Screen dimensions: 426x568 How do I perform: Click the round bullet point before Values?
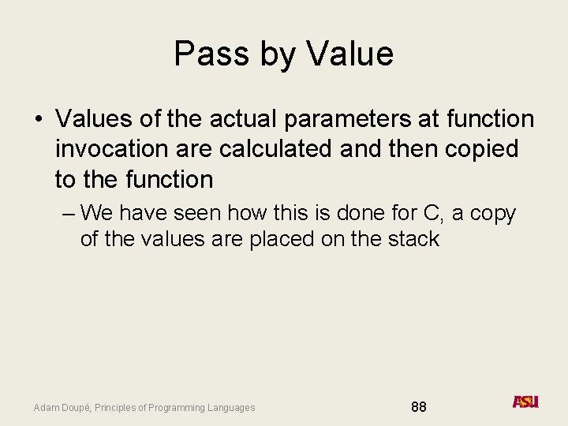(38, 120)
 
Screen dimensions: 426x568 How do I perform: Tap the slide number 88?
(419, 407)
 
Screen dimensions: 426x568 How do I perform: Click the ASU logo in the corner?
(525, 402)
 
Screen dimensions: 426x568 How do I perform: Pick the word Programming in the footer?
(180, 408)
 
